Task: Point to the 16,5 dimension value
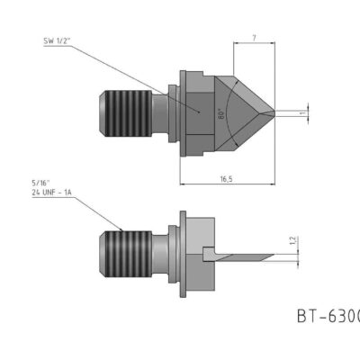click(x=227, y=179)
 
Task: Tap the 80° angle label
click(x=220, y=114)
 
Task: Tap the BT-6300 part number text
click(x=328, y=316)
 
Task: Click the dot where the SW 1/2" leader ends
click(x=199, y=112)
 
